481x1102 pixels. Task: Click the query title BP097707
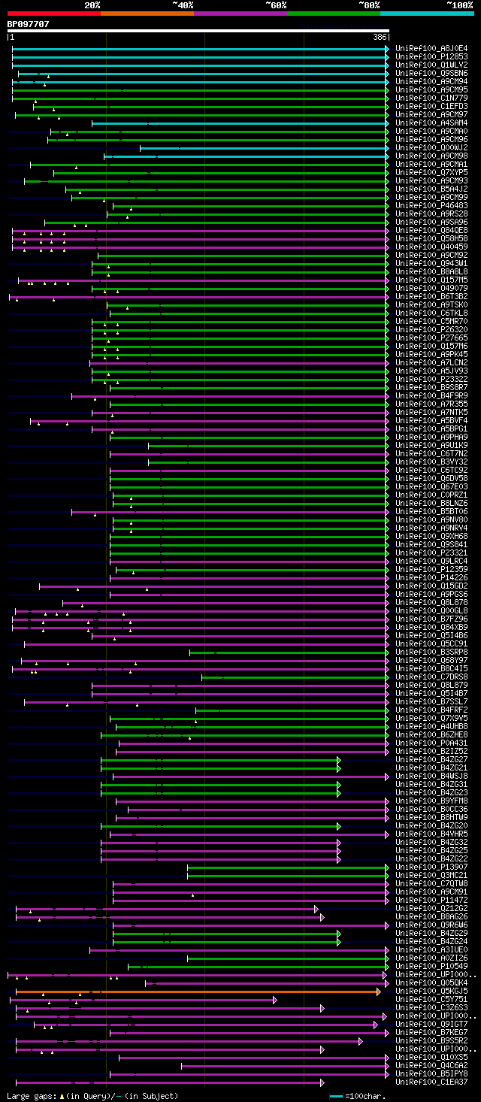(28, 24)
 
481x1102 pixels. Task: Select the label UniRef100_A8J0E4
(431, 48)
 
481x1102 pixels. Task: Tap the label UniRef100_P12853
(431, 56)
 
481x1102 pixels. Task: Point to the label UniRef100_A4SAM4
(431, 123)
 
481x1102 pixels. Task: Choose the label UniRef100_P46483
(431, 205)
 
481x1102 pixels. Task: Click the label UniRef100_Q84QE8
(431, 230)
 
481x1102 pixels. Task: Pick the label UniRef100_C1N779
(431, 98)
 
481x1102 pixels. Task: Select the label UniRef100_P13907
(431, 867)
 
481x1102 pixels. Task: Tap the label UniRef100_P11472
(431, 900)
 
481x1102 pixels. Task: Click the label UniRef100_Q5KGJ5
(431, 991)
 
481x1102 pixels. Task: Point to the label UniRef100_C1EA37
(431, 1082)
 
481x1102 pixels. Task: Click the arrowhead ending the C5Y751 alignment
(275, 1000)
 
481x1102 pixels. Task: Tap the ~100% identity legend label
(459, 5)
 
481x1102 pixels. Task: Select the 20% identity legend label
(92, 5)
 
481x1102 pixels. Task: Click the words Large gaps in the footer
(31, 1096)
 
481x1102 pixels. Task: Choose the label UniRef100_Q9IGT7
(431, 1024)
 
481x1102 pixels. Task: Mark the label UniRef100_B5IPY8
(431, 1073)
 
